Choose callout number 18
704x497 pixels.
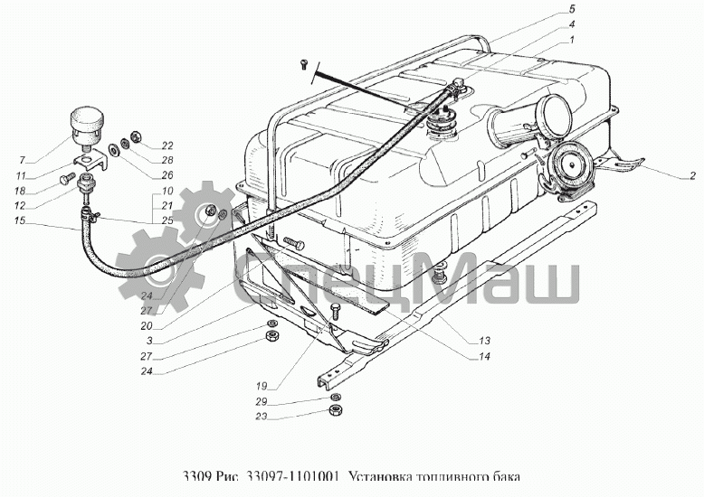20,191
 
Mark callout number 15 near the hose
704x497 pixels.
20,222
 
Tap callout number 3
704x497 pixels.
147,341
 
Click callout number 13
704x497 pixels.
485,341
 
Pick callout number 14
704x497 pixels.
485,356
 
